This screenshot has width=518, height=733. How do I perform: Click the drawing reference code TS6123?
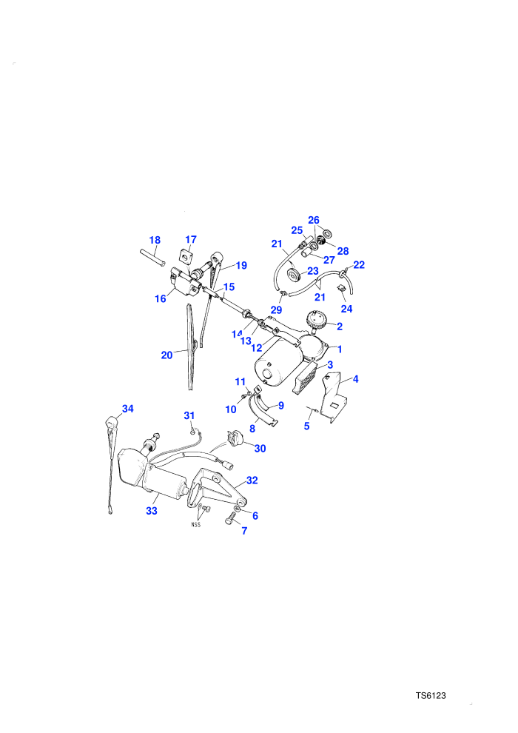[x=431, y=695]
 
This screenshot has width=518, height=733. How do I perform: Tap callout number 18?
[x=155, y=241]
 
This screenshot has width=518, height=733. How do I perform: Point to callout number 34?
[x=128, y=409]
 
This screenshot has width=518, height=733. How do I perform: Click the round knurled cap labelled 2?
[x=315, y=320]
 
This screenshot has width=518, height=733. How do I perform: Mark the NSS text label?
[x=195, y=524]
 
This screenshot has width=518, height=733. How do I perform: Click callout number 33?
[x=152, y=511]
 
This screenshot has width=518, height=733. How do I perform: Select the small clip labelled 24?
[x=341, y=289]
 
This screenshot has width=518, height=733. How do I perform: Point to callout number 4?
[x=355, y=379]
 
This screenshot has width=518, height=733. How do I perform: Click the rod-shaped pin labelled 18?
[x=152, y=258]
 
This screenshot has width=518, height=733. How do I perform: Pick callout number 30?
[x=260, y=449]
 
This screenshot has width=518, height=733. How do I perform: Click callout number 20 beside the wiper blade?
[x=166, y=355]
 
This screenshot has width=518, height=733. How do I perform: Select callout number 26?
[x=314, y=220]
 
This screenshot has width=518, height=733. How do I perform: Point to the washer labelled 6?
[x=238, y=508]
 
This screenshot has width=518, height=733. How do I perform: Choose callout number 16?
[x=161, y=298]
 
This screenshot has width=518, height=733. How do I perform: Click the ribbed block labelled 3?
[x=306, y=378]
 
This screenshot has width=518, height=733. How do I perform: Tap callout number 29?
[x=277, y=310]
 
